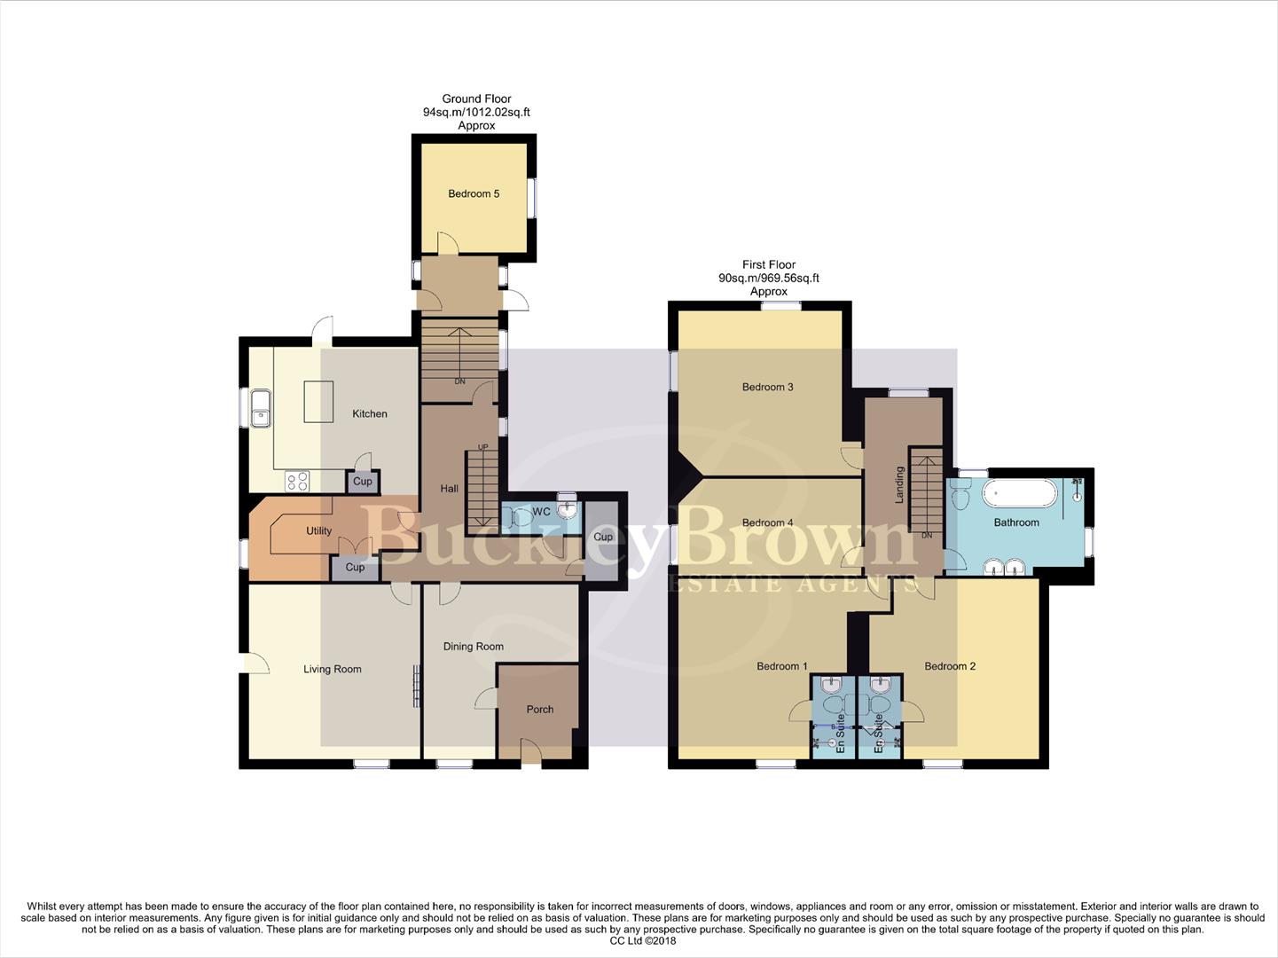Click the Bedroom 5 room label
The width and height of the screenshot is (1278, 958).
click(474, 193)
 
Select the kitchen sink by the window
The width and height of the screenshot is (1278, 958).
click(260, 409)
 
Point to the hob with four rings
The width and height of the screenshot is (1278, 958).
click(297, 481)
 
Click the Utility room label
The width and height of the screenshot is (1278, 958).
click(318, 531)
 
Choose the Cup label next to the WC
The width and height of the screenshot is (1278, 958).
click(603, 537)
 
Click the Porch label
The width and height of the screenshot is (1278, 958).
click(539, 710)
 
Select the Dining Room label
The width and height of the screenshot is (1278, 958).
click(474, 647)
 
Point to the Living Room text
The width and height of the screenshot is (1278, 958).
click(333, 670)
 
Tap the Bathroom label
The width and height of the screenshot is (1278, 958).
click(1016, 522)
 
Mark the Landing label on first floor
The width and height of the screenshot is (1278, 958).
click(899, 485)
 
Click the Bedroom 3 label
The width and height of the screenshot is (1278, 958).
click(768, 387)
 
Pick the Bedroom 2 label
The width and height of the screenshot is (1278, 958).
click(950, 666)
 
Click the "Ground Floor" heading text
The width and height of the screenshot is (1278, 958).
click(476, 99)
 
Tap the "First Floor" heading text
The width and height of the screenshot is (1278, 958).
click(769, 264)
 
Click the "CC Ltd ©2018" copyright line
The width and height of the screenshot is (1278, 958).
click(643, 941)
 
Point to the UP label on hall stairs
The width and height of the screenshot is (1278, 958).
click(483, 447)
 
